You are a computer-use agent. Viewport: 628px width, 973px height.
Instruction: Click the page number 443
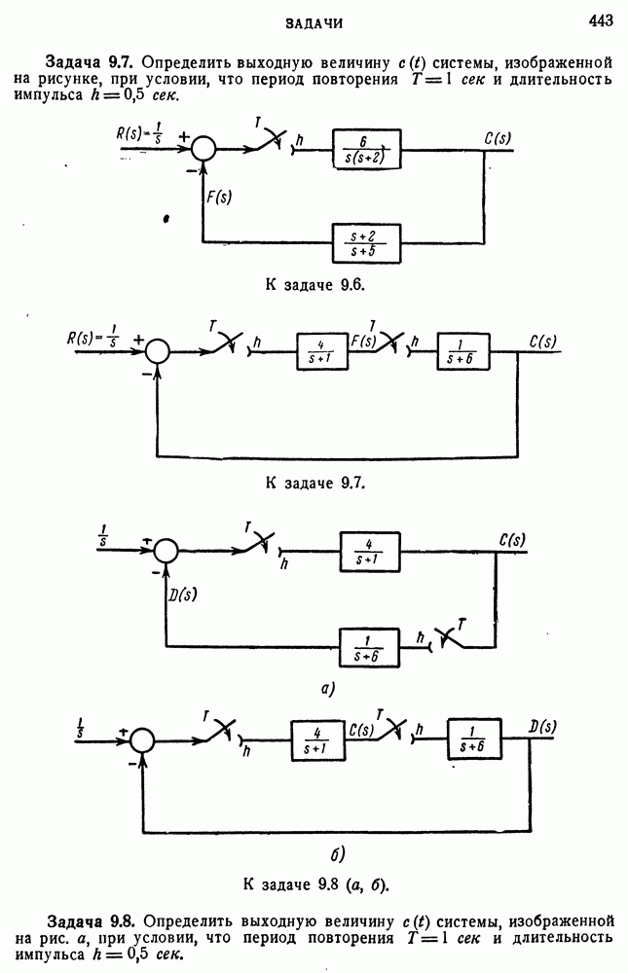click(601, 19)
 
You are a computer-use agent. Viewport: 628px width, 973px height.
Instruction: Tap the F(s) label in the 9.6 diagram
click(219, 194)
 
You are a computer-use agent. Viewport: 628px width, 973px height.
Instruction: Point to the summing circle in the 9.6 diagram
click(203, 147)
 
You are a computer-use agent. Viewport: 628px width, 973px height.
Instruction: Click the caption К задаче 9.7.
click(314, 483)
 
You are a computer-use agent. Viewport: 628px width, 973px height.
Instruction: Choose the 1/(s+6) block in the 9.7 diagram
click(463, 354)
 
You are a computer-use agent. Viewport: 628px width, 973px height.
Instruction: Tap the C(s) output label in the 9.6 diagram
click(498, 137)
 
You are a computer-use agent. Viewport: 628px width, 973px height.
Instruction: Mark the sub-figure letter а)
click(328, 689)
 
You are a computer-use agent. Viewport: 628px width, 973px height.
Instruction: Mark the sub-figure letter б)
click(333, 855)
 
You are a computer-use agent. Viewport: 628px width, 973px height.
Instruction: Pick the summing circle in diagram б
click(142, 740)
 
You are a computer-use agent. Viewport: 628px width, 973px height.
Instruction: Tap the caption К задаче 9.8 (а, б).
click(314, 884)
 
